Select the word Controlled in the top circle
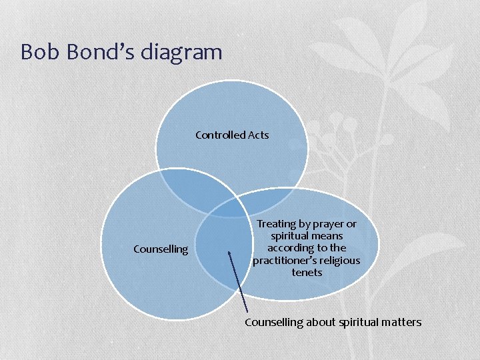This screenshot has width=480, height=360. (220, 135)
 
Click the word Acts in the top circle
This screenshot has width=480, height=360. (259, 135)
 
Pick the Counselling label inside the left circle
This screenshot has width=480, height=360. (161, 249)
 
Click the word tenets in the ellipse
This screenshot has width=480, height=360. (307, 272)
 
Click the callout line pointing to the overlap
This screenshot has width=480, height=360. (238, 283)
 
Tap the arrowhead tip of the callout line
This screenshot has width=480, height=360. (229, 253)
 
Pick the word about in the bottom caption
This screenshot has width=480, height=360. (318, 323)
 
